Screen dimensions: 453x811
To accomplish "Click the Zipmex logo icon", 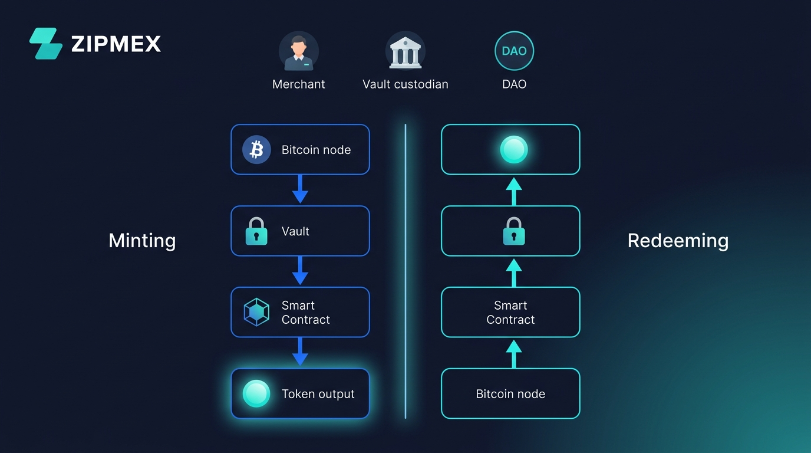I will (46, 44).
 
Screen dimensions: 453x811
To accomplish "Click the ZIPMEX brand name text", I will (116, 44).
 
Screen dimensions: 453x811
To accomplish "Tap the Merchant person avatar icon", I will (299, 51).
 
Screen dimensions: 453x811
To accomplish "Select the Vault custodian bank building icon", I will (405, 51).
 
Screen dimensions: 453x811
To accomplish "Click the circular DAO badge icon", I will (514, 51).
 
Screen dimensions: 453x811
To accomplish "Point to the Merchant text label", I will (299, 84).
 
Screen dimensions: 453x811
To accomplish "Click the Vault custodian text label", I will (405, 84).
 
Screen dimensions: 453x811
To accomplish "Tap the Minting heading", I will (142, 241).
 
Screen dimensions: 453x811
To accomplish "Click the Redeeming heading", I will (678, 241).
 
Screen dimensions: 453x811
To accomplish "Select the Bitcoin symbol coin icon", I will (256, 150).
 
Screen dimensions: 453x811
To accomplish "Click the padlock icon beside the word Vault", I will (256, 231).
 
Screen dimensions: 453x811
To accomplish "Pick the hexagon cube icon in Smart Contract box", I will (256, 312).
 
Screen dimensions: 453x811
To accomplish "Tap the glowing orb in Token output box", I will (256, 393).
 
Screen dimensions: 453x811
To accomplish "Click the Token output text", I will (318, 394).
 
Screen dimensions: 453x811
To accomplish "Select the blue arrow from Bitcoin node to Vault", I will (300, 189).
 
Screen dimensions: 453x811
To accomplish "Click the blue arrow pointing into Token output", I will (300, 352).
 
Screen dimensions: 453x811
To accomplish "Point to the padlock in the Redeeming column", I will (513, 231).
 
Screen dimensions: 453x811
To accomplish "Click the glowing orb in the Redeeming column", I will (513, 150).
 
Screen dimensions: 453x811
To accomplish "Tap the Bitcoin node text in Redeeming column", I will (510, 394).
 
